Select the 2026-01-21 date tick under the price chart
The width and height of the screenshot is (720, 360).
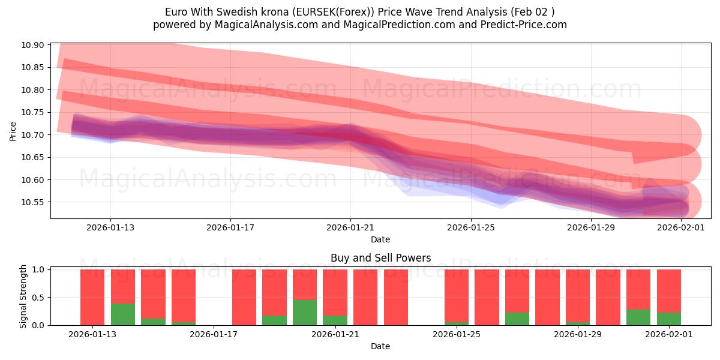pos(350,228)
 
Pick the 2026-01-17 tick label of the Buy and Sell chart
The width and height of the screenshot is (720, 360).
pos(214,335)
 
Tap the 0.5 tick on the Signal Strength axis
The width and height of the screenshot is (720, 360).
pos(40,298)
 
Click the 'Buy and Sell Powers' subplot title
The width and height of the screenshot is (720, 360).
pos(380,259)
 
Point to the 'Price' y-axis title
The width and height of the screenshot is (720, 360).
pos(13,131)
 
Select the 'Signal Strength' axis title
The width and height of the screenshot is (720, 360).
pos(23,296)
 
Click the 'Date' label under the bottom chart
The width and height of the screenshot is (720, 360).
pos(380,346)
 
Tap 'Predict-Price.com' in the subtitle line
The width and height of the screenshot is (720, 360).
pos(526,25)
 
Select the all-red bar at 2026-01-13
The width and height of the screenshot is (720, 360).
pos(92,297)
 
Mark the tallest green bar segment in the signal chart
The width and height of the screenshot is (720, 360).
pos(305,313)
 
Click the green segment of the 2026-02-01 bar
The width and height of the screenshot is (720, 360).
pos(669,319)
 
